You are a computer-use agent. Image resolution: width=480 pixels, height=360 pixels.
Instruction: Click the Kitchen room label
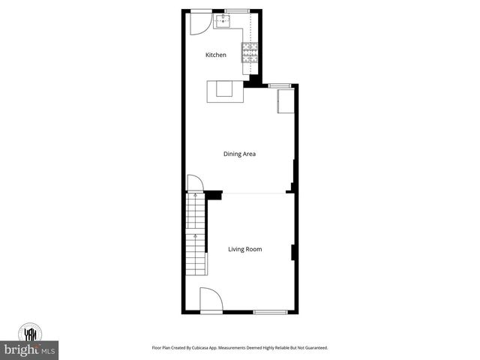[216, 55]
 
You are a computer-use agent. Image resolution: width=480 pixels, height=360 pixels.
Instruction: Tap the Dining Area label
[240, 154]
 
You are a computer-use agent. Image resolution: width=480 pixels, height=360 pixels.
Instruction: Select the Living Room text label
[245, 249]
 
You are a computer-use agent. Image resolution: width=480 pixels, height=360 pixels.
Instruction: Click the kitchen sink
[223, 22]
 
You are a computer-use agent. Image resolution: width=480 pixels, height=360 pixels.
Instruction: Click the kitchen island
[226, 90]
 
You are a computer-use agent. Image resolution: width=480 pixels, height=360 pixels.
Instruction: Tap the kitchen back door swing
[197, 22]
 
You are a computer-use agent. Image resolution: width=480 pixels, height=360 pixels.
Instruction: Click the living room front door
[209, 299]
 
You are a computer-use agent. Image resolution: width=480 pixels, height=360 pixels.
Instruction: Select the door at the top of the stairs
[193, 183]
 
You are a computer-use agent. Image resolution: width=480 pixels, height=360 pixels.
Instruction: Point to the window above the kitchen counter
[236, 10]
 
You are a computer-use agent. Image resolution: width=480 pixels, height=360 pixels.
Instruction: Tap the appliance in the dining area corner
[286, 102]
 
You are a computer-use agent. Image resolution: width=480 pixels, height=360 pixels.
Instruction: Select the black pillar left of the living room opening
[214, 195]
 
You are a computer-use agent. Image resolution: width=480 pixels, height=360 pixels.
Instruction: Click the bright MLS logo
[30, 349]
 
